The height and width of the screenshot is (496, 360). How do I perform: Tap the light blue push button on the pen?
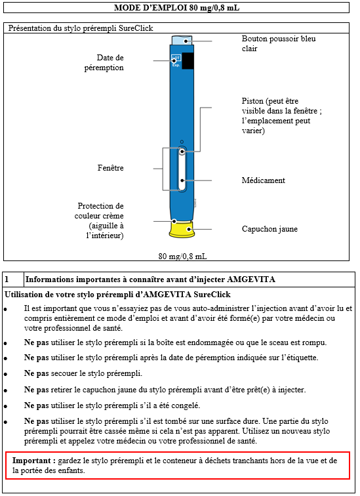point(182,41)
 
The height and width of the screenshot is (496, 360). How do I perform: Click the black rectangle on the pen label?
point(188,61)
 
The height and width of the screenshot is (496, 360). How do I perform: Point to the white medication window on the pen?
point(182,169)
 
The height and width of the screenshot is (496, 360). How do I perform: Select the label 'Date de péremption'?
point(104,62)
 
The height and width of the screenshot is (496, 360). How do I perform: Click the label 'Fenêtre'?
point(111,168)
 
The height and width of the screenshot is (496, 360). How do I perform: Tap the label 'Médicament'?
point(264,180)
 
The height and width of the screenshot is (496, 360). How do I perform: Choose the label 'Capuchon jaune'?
point(270,229)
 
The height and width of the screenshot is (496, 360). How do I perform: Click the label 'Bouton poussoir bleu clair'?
point(279,43)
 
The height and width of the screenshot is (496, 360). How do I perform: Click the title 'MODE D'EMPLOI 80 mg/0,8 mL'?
point(176,8)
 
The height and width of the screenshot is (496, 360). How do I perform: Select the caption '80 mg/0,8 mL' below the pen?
point(183,257)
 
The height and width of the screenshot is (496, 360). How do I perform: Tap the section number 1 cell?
point(13,279)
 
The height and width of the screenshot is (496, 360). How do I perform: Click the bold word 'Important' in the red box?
point(31,461)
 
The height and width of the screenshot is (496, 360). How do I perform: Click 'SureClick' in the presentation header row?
point(136,28)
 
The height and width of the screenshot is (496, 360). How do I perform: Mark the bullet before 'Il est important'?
point(6,309)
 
